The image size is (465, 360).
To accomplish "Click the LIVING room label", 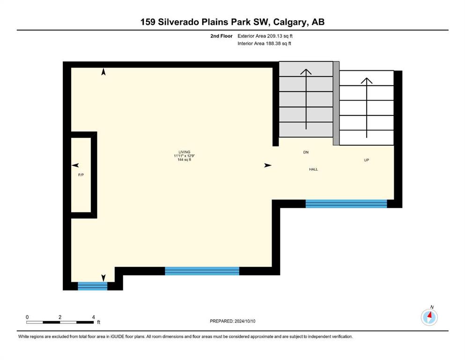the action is pos(184,152).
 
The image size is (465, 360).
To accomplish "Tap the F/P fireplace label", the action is pos(81,175).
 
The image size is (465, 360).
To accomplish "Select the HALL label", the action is pos(313,169).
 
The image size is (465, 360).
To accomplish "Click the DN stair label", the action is pos(306,152).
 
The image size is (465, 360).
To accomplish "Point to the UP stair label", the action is pos(367,160).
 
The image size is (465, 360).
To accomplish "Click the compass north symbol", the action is pos(429,317).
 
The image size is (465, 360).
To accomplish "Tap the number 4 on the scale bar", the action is pos(93,317).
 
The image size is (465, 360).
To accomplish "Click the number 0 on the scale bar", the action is pos(27,317).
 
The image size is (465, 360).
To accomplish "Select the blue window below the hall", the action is pos(347,203).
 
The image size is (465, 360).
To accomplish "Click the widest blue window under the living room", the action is pos(202,271).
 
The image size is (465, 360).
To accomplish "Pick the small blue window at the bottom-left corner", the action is pos(93,286).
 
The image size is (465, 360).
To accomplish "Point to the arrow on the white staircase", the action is pos(367,108).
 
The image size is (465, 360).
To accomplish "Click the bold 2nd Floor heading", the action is pos(221,36).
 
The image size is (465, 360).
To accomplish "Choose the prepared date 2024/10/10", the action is pos(245,321).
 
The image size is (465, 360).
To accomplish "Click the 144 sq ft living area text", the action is pos(184,160).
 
